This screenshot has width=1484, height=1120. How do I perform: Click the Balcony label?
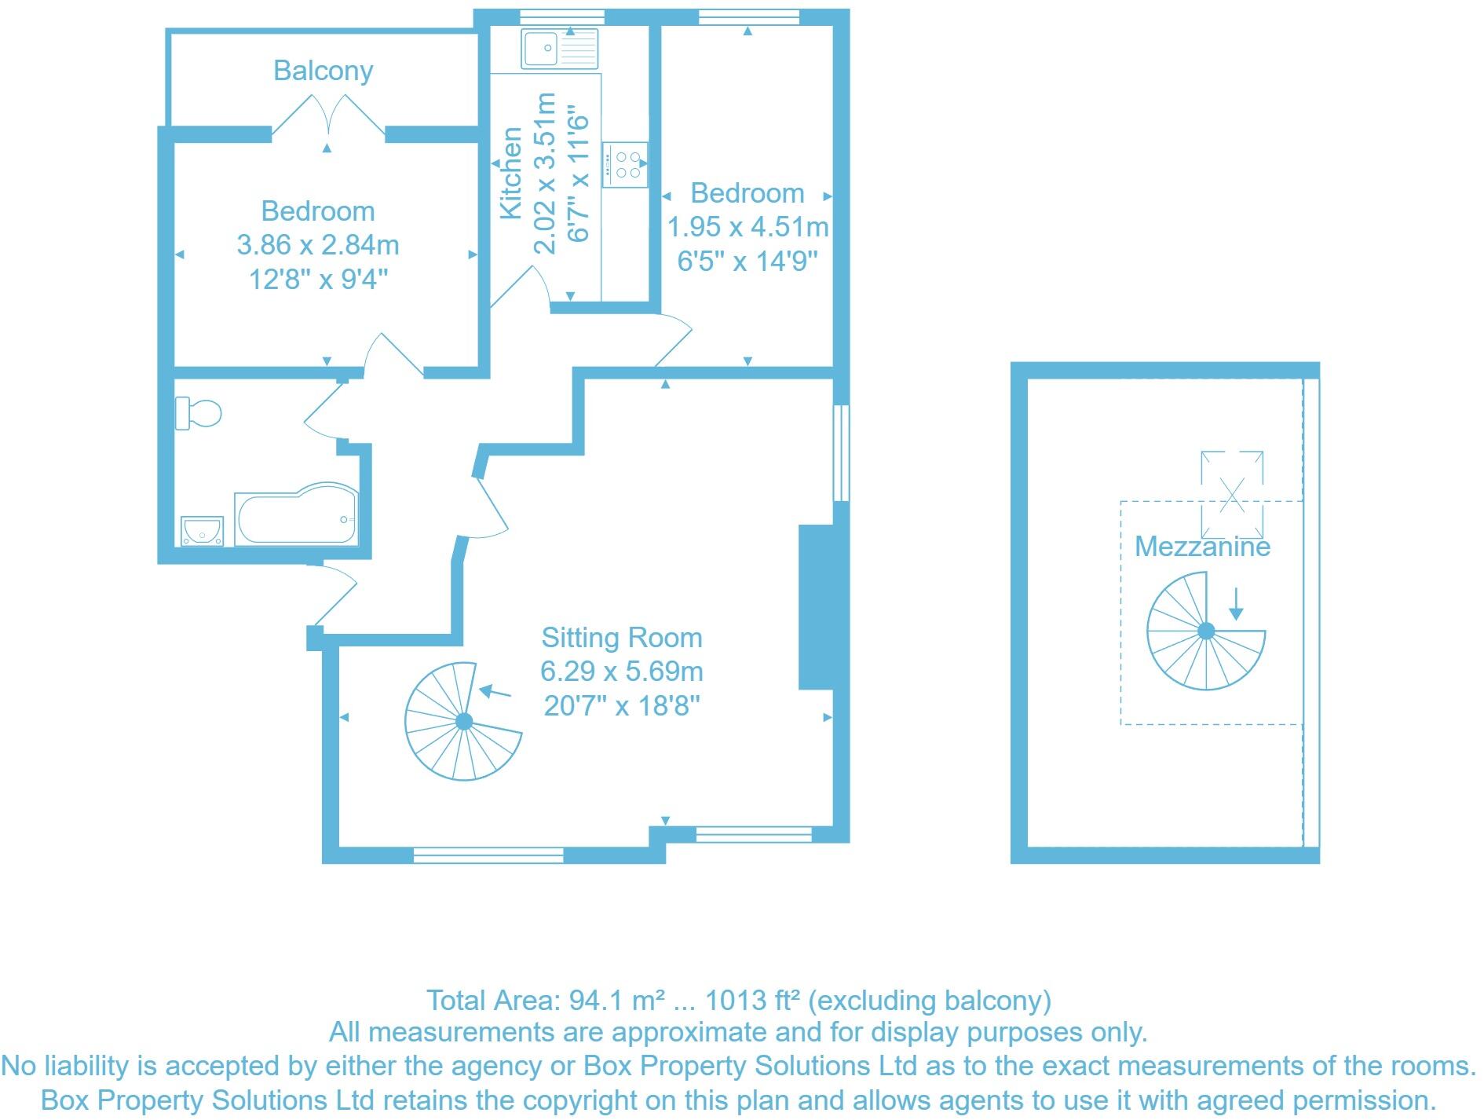pyautogui.click(x=323, y=71)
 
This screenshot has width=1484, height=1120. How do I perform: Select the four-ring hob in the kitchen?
pyautogui.click(x=626, y=164)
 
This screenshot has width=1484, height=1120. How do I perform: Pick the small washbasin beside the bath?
pyautogui.click(x=202, y=530)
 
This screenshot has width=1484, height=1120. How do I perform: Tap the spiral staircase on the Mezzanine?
pyautogui.click(x=1205, y=631)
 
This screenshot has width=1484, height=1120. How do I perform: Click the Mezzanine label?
pyautogui.click(x=1202, y=546)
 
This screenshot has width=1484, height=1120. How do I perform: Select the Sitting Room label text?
pyautogui.click(x=622, y=638)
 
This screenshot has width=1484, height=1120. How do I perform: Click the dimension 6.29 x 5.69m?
pyautogui.click(x=622, y=672)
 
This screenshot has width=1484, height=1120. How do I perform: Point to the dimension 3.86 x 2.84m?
pyautogui.click(x=318, y=245)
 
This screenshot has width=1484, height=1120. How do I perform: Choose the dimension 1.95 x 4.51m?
pyautogui.click(x=747, y=227)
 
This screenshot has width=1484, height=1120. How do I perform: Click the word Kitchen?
pyautogui.click(x=511, y=173)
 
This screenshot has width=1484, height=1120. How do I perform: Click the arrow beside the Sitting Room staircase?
pyautogui.click(x=495, y=692)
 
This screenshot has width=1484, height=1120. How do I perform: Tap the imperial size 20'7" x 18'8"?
pyautogui.click(x=622, y=706)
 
